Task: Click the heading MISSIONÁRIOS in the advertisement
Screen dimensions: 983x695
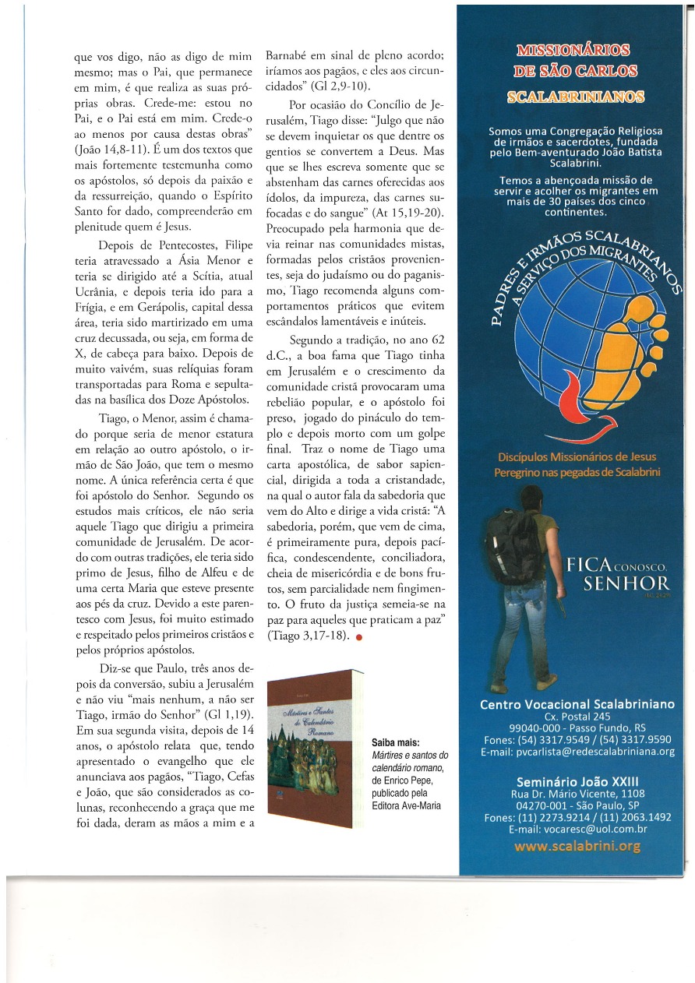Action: click(573, 51)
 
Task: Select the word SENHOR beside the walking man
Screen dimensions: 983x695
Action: click(626, 583)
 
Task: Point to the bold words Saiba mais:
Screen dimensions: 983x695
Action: click(394, 743)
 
